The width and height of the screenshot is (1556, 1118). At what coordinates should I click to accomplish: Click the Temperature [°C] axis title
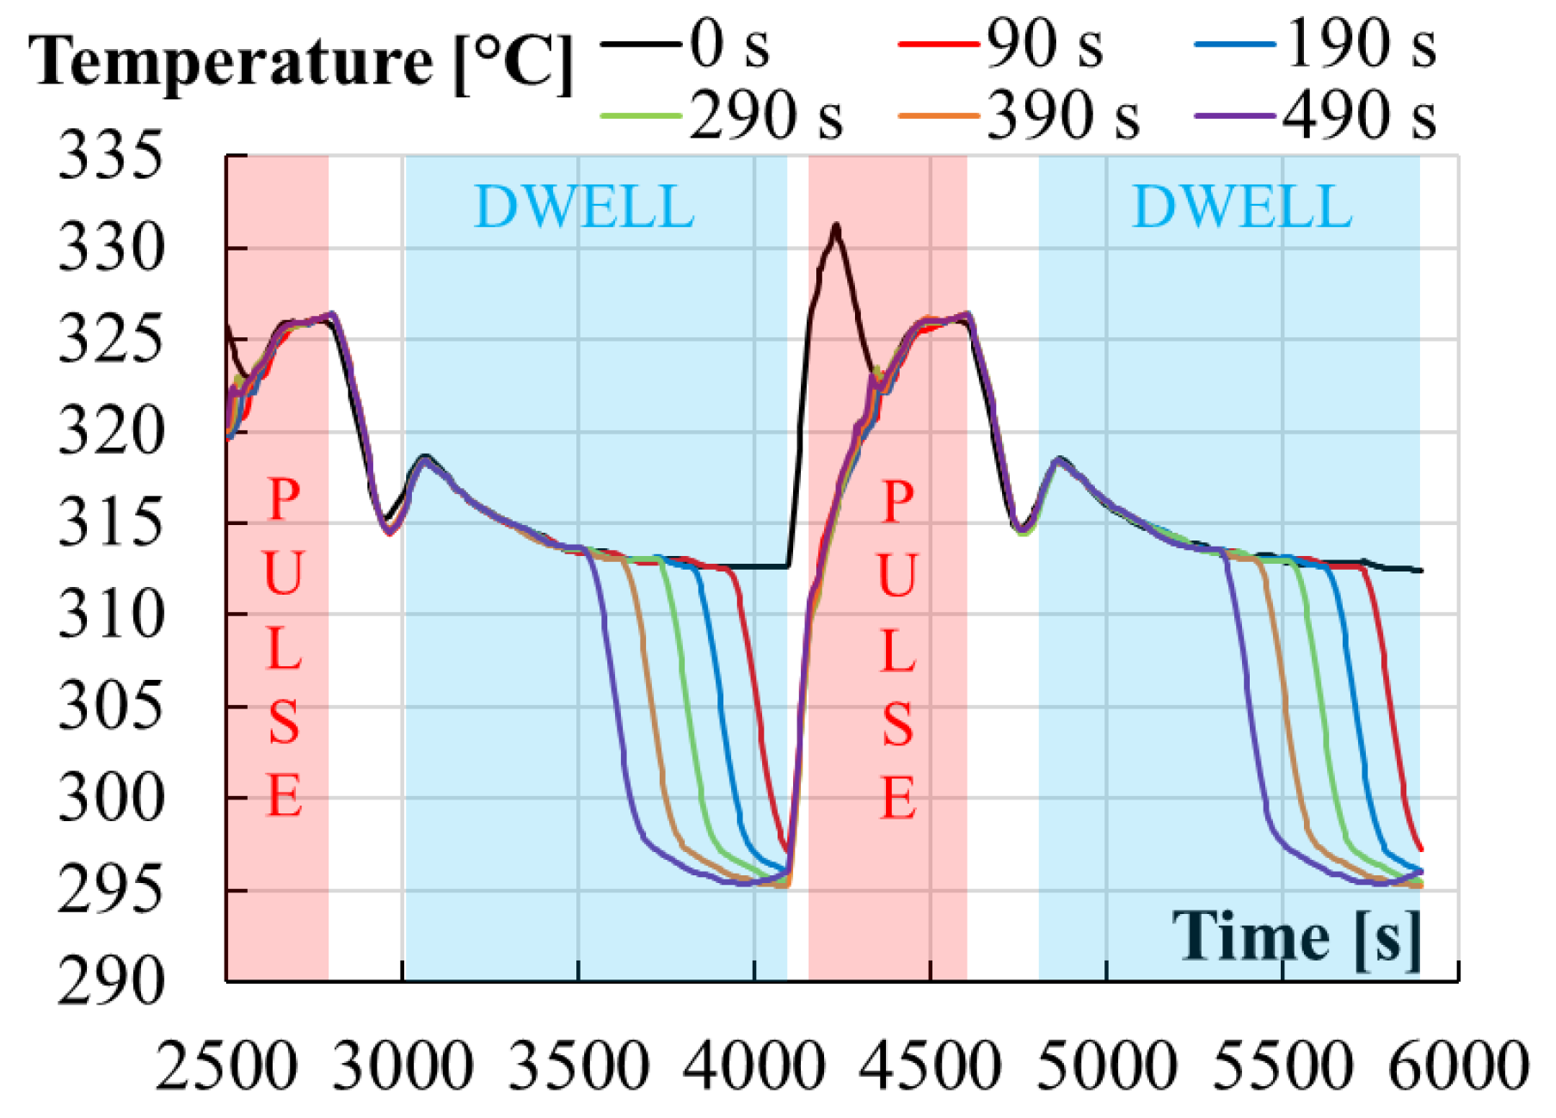click(301, 62)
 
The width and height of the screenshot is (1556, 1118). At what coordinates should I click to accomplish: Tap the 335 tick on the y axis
click(110, 157)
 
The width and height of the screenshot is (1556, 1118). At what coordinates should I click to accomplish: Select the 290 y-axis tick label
click(110, 981)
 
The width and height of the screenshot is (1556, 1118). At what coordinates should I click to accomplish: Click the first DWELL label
click(584, 207)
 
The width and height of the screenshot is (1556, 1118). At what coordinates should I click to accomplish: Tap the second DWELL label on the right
click(1241, 207)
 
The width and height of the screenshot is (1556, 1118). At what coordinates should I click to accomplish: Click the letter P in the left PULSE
click(284, 499)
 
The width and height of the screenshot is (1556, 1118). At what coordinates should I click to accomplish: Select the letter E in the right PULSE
click(898, 798)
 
